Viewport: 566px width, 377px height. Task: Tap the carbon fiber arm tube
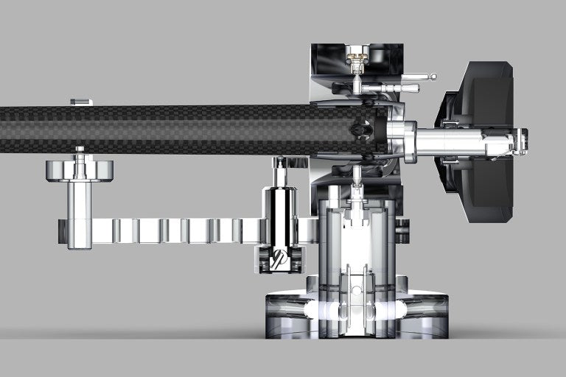[x=162, y=130]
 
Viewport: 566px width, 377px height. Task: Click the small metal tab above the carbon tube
[x=81, y=102]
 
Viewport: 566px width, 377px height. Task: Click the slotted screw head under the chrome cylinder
[x=279, y=259]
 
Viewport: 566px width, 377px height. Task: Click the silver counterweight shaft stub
[x=450, y=139]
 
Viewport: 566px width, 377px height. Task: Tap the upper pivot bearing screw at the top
[x=357, y=57]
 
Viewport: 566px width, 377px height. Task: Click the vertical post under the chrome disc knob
[x=80, y=214]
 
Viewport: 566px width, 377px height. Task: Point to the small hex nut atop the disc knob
[x=80, y=151]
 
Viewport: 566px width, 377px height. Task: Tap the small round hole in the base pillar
[x=357, y=290]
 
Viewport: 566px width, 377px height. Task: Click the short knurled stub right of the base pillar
[x=402, y=230]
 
